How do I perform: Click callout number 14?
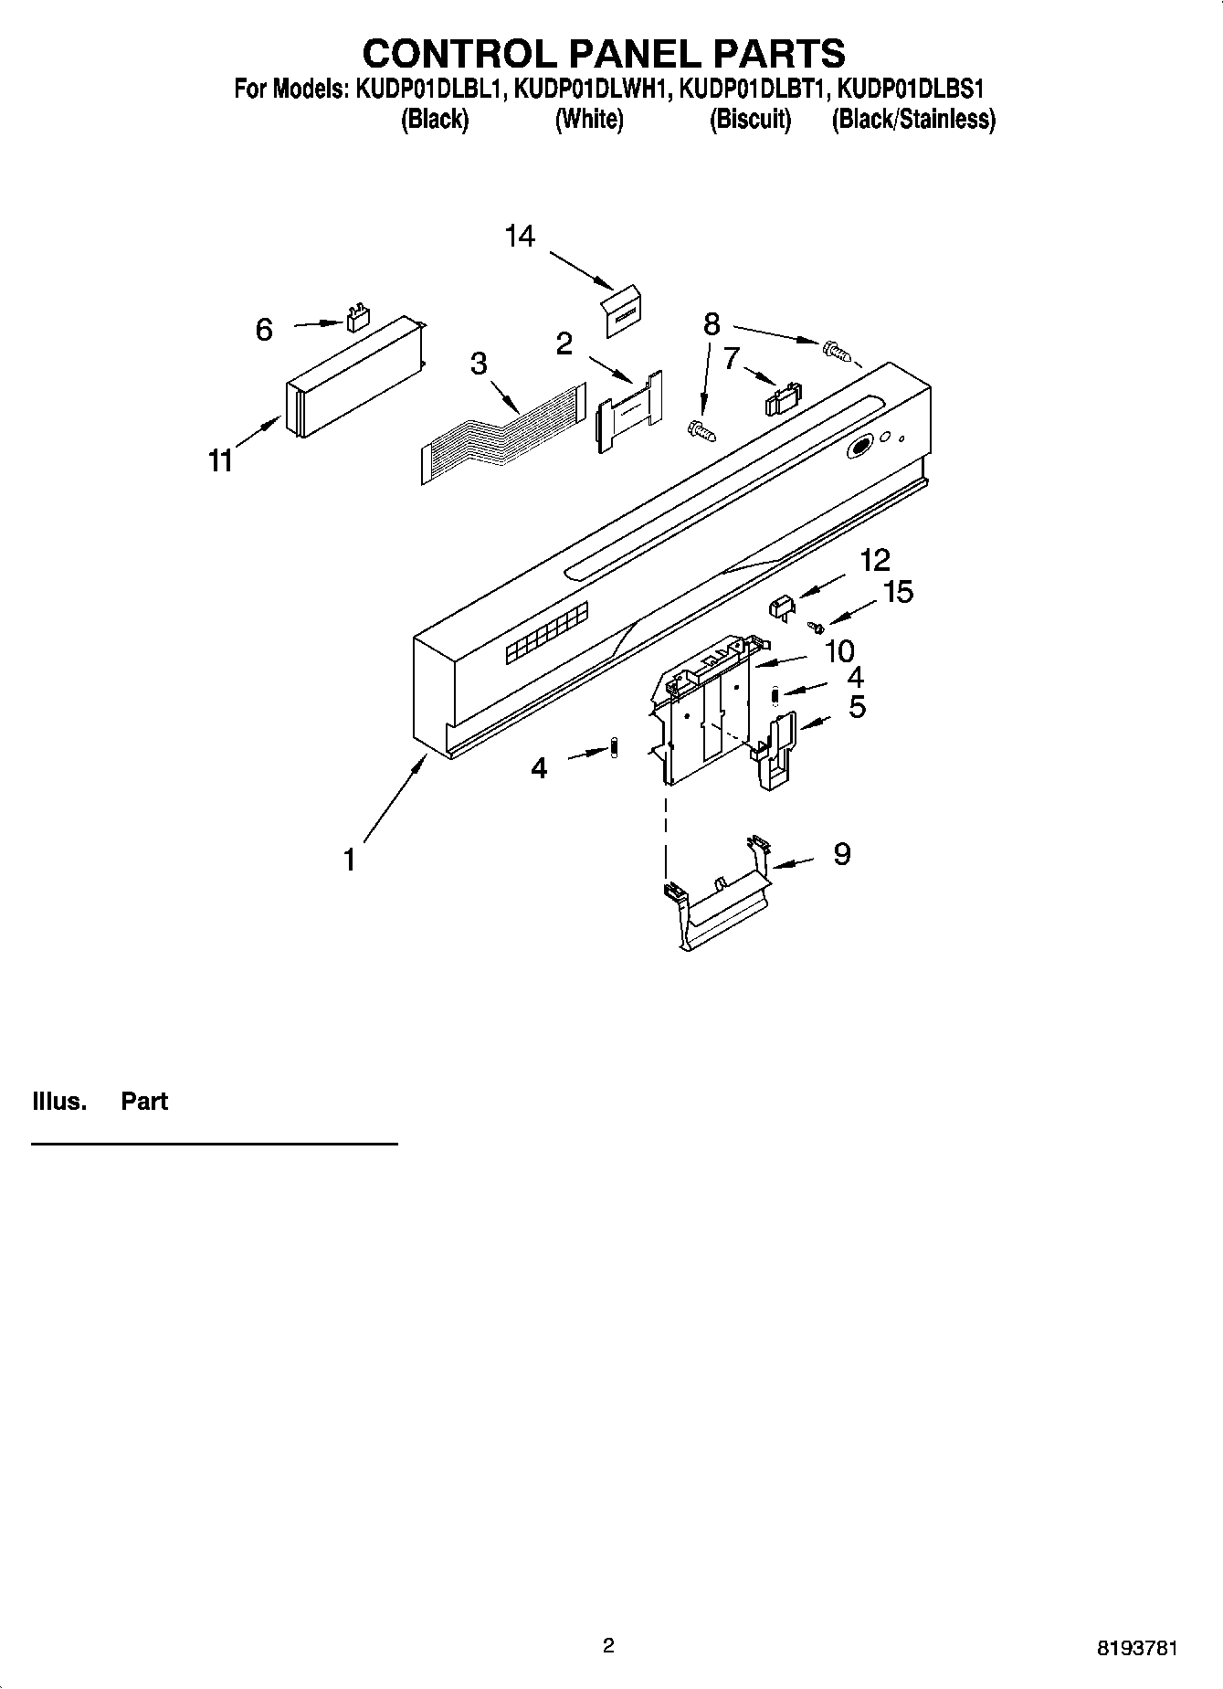520,237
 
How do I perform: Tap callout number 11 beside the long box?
220,462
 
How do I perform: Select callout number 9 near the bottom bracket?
841,854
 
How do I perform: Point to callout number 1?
349,860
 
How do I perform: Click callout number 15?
899,592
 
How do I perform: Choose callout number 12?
874,559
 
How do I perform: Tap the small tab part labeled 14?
622,311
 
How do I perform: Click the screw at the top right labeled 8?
835,349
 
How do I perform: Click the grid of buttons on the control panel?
546,633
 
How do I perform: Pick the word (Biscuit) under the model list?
750,120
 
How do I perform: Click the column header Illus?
59,1101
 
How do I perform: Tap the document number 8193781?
1136,1650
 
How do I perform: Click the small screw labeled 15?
817,627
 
